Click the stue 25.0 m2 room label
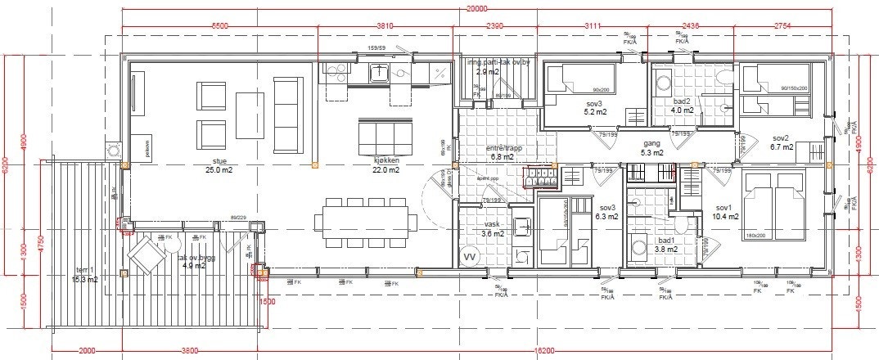219,165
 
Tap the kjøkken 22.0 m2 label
385,165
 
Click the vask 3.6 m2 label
493,228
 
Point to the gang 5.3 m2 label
651,147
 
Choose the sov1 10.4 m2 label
725,212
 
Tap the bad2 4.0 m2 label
682,106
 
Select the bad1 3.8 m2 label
667,245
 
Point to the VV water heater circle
470,256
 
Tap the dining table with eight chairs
365,220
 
